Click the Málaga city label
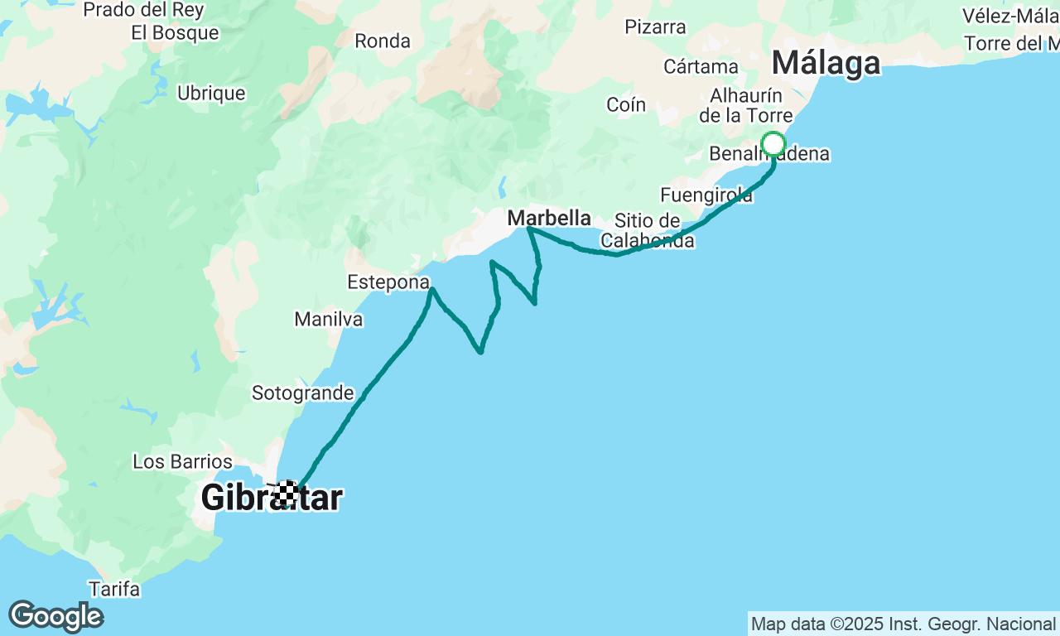pyautogui.click(x=826, y=64)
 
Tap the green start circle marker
pyautogui.click(x=773, y=145)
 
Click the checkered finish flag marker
pyautogui.click(x=287, y=493)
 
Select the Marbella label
pyautogui.click(x=549, y=219)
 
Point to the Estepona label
pyautogui.click(x=388, y=282)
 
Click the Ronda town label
pyautogui.click(x=383, y=41)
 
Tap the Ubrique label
pyautogui.click(x=211, y=94)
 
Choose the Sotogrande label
pyautogui.click(x=303, y=393)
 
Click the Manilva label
pyautogui.click(x=329, y=319)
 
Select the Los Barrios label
pyautogui.click(x=183, y=461)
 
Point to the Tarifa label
pyautogui.click(x=114, y=590)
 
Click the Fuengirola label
pyautogui.click(x=706, y=195)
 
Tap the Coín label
pyautogui.click(x=626, y=104)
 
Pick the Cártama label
pyautogui.click(x=701, y=66)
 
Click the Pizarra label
pyautogui.click(x=656, y=27)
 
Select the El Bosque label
pyautogui.click(x=176, y=33)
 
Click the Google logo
pyautogui.click(x=55, y=617)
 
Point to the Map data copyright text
pyautogui.click(x=903, y=624)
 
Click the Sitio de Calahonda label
pyautogui.click(x=648, y=231)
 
